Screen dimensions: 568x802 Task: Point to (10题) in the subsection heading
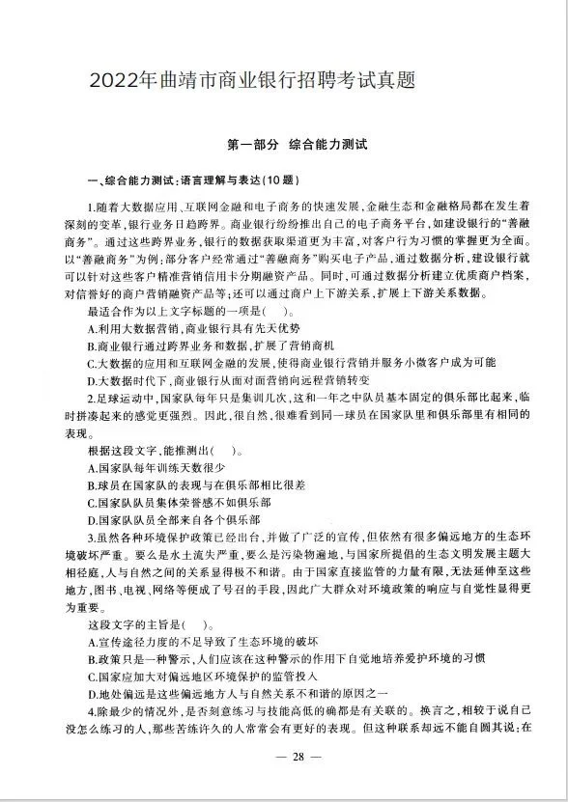pyautogui.click(x=279, y=180)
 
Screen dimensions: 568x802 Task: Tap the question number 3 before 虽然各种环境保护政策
pyautogui.click(x=90, y=537)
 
